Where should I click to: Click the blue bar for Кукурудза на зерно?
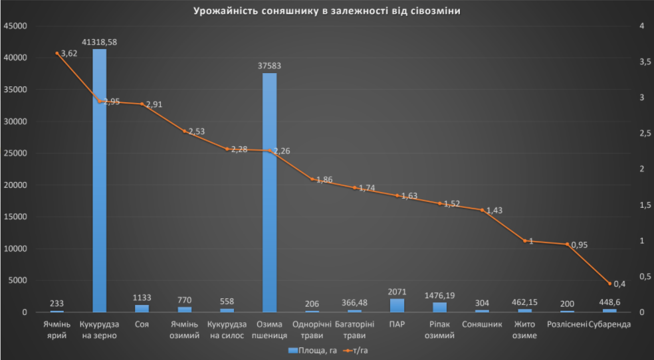99,179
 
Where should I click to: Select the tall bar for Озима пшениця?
269,193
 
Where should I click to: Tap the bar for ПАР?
397,306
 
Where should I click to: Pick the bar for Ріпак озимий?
439,308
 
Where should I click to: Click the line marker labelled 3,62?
56,53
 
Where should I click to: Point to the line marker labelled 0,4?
609,284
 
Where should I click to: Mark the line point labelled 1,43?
482,210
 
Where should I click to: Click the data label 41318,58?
99,42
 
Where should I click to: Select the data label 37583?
269,65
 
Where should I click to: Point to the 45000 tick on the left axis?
15,26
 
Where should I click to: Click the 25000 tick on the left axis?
15,153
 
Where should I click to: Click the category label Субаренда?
609,325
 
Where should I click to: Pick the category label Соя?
142,325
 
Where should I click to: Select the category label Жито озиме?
524,330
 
